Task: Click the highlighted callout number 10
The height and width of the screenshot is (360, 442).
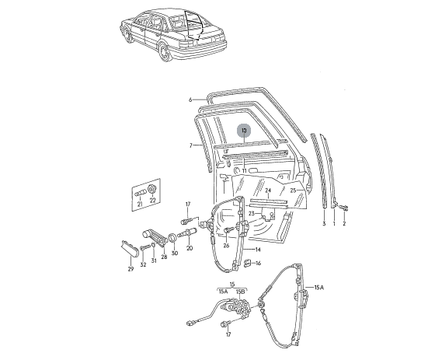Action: (x=244, y=131)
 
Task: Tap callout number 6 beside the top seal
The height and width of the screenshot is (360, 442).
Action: (x=190, y=100)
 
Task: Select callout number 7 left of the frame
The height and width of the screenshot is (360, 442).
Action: (x=191, y=145)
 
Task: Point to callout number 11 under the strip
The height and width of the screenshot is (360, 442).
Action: (x=244, y=171)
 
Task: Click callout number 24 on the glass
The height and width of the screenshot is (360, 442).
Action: (x=268, y=190)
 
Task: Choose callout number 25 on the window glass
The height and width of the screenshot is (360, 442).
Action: (x=293, y=190)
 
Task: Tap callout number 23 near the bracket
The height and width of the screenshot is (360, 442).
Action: (x=252, y=214)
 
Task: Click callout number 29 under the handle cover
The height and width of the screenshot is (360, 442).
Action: (x=131, y=269)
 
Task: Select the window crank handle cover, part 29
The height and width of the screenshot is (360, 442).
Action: (x=130, y=248)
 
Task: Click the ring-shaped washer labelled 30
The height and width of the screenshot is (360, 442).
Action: (x=172, y=239)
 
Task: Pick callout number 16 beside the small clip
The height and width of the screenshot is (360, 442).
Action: (x=258, y=264)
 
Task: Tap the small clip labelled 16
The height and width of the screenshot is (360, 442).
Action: (x=247, y=264)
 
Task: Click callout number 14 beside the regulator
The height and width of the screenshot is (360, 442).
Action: (x=258, y=250)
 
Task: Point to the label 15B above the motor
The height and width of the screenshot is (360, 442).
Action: (x=241, y=291)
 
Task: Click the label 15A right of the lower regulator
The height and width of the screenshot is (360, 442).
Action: (x=318, y=288)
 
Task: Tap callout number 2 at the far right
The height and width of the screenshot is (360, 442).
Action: (x=344, y=224)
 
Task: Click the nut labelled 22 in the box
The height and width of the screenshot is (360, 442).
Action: (x=152, y=188)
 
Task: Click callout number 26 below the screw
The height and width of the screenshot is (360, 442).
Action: (x=226, y=246)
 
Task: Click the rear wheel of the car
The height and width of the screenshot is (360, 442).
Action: (x=165, y=52)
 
